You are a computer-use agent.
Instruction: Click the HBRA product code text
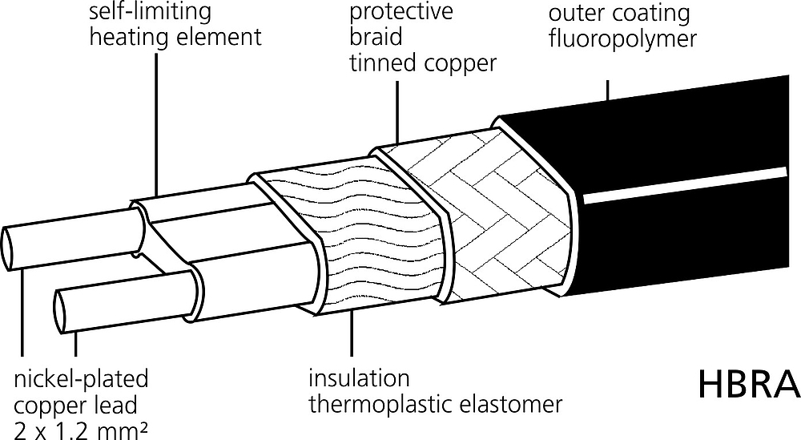click(x=748, y=384)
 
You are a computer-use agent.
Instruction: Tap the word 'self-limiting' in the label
click(x=151, y=12)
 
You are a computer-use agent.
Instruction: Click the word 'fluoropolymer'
click(x=622, y=39)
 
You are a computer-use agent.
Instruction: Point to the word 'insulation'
click(x=359, y=378)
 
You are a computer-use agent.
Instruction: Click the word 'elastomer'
click(x=511, y=404)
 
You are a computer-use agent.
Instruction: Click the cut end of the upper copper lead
click(x=10, y=248)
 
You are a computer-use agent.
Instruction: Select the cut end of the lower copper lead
click(x=61, y=312)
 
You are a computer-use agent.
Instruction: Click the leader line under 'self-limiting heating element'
click(x=156, y=126)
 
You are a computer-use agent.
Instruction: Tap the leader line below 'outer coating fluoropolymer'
click(x=607, y=90)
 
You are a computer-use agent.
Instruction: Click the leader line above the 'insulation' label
click(x=352, y=332)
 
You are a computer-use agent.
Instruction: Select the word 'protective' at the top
click(x=401, y=12)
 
